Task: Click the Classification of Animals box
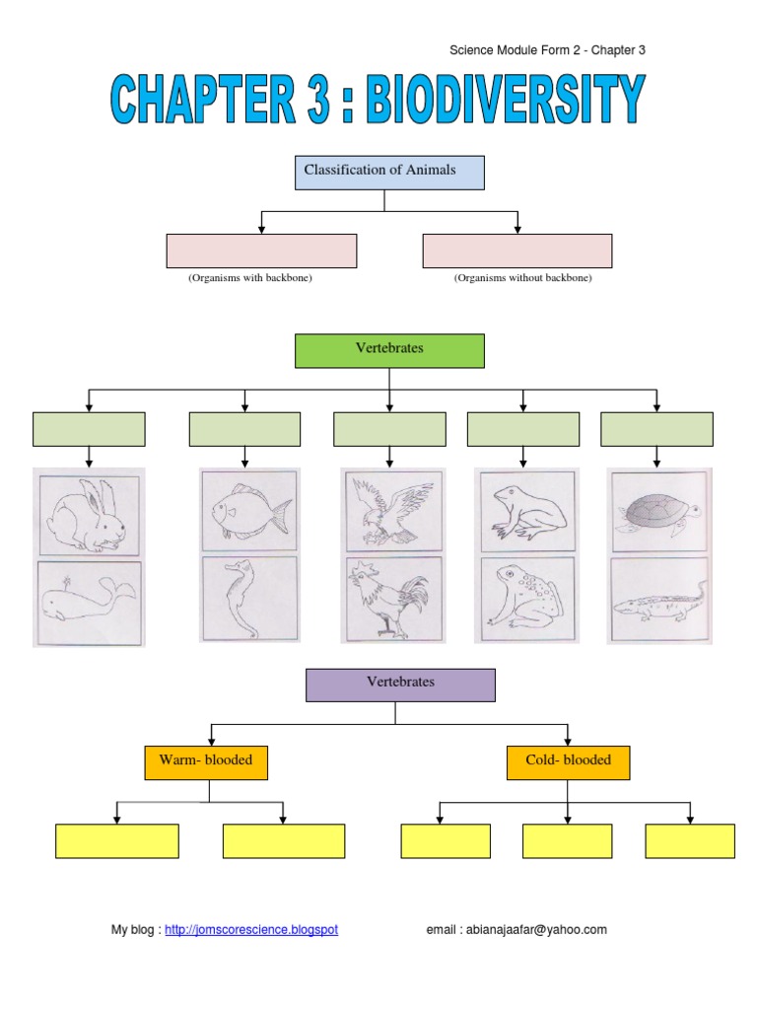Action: [x=389, y=172]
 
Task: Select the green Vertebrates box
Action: [x=389, y=350]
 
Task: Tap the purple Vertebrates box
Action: [x=400, y=685]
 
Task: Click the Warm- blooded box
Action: [x=207, y=762]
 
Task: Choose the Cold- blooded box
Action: [x=568, y=762]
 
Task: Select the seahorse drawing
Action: [x=247, y=600]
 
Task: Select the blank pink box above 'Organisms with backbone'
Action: [x=261, y=251]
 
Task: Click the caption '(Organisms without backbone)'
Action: [x=522, y=279]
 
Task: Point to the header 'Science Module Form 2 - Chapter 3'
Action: [x=547, y=50]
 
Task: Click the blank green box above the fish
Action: [x=244, y=429]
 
